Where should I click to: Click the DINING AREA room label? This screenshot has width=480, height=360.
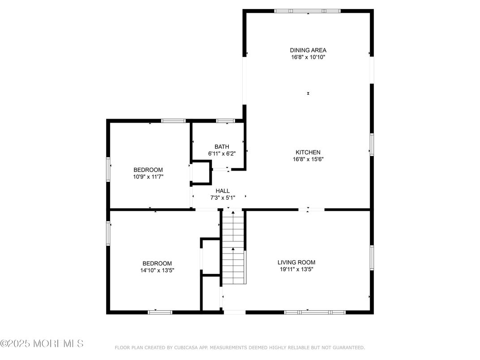click(308, 50)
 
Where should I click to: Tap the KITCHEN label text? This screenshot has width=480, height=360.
click(308, 152)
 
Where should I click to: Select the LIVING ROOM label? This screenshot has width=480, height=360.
click(296, 262)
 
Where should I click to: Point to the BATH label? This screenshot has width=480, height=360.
click(222, 146)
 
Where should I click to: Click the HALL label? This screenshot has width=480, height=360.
click(223, 191)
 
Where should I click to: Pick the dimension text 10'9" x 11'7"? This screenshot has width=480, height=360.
click(148, 177)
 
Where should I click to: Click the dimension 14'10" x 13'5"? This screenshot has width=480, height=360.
click(157, 270)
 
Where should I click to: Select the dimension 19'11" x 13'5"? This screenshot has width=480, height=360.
click(296, 270)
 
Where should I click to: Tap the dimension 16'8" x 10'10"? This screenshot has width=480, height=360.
click(308, 57)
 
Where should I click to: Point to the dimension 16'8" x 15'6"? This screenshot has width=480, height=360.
click(308, 159)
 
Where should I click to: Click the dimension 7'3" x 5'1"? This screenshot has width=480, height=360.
click(223, 197)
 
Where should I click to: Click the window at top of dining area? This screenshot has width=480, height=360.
click(307, 11)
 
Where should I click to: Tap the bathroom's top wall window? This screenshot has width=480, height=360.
click(226, 120)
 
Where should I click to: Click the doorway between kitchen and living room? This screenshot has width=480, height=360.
click(311, 209)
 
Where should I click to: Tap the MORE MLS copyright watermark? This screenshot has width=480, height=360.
click(42, 344)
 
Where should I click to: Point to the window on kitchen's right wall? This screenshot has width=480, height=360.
click(372, 145)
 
